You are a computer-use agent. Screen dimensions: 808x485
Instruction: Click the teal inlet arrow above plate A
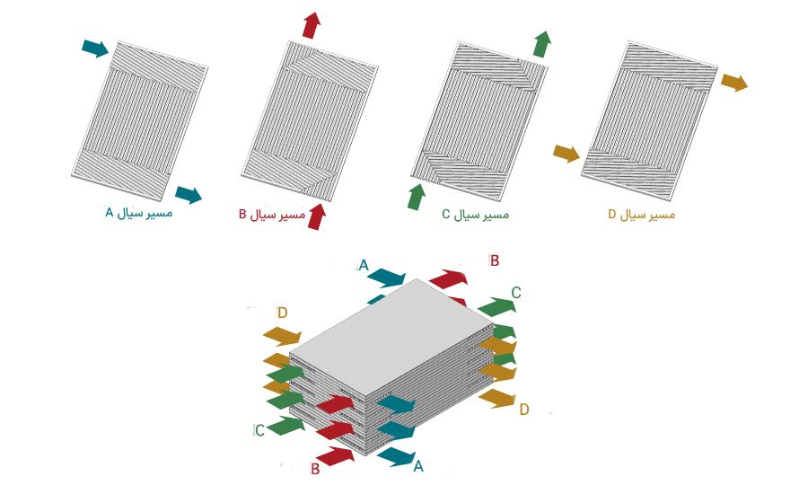[95, 48]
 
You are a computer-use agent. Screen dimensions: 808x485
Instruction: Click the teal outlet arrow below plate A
[189, 195]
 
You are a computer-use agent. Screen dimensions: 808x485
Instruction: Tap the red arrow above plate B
[312, 25]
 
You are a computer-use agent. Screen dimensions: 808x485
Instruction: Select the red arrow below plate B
[317, 216]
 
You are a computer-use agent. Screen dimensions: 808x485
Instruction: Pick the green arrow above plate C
[541, 44]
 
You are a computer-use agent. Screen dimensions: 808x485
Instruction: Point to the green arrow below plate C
[417, 197]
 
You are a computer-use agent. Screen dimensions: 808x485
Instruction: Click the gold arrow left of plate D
[566, 153]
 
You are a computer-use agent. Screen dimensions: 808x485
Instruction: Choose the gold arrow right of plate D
[734, 82]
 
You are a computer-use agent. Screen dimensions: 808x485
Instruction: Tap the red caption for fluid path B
[272, 215]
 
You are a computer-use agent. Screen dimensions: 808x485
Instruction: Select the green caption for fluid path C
[475, 215]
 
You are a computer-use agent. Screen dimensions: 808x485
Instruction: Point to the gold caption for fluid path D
[642, 215]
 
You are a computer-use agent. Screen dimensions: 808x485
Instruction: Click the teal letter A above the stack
[364, 266]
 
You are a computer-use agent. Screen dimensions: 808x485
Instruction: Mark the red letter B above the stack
[495, 260]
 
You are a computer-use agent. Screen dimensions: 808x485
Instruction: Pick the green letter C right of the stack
[516, 293]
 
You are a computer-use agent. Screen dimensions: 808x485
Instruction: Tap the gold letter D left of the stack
[283, 313]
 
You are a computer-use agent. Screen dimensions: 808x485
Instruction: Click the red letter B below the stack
[315, 469]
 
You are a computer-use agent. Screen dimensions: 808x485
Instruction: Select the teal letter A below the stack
[418, 466]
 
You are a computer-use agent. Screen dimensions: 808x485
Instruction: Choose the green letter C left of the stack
[259, 430]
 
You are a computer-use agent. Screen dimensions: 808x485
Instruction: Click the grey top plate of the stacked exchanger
[391, 338]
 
